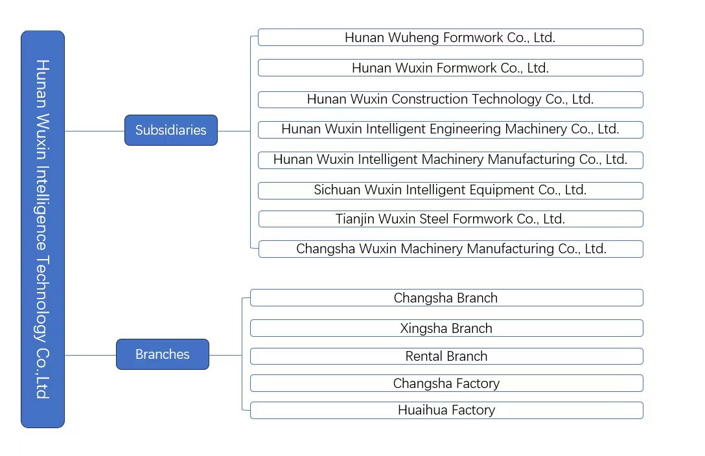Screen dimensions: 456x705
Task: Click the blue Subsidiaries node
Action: click(x=170, y=130)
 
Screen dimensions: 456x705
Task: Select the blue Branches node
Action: click(x=162, y=354)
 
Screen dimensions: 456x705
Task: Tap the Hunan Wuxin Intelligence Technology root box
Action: click(x=43, y=229)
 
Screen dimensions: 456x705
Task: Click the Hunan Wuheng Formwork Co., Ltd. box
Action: click(x=450, y=38)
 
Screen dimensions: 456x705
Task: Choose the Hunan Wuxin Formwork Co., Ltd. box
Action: click(x=450, y=68)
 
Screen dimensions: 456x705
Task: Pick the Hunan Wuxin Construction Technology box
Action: click(x=450, y=99)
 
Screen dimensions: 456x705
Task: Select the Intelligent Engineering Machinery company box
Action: click(x=450, y=130)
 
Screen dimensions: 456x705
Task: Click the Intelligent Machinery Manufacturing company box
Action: click(x=450, y=160)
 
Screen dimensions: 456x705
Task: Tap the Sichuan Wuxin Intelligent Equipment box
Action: click(x=450, y=190)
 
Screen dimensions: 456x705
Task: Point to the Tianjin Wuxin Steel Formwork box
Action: click(x=450, y=219)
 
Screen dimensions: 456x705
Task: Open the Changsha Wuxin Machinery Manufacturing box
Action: click(x=450, y=249)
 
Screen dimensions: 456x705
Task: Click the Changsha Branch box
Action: click(x=446, y=298)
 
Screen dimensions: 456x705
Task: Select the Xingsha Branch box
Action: click(x=446, y=328)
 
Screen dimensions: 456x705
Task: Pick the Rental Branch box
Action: click(x=446, y=356)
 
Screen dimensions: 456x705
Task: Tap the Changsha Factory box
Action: click(x=446, y=383)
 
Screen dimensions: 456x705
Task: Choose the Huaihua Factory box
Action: click(x=446, y=410)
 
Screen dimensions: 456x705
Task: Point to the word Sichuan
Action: click(x=338, y=190)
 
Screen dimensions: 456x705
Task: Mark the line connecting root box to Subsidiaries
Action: click(x=95, y=131)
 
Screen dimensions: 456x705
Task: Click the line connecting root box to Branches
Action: click(x=90, y=355)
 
